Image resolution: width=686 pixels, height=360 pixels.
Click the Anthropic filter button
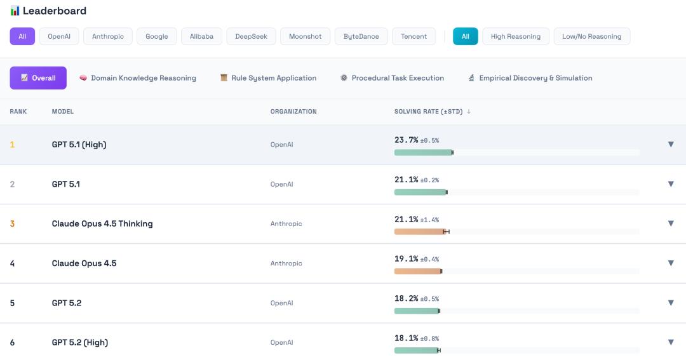point(108,36)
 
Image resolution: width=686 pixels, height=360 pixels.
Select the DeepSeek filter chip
point(251,36)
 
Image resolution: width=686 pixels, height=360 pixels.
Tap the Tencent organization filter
point(414,36)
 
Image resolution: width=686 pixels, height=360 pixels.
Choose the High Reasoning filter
point(515,36)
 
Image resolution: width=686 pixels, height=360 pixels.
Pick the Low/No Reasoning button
point(591,36)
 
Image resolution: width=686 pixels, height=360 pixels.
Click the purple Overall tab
point(38,78)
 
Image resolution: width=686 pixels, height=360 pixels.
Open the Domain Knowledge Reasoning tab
point(137,78)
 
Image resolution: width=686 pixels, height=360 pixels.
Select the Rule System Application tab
point(268,78)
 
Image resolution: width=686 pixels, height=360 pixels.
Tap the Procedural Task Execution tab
point(392,78)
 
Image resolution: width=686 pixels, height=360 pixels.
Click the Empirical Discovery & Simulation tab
point(530,78)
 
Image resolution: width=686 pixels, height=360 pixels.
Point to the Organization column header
point(293,112)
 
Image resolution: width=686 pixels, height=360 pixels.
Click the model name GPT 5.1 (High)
point(79,145)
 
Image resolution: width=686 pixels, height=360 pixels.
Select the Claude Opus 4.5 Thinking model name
point(102,223)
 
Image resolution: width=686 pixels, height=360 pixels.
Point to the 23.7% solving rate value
point(407,140)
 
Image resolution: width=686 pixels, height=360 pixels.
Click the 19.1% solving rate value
point(407,259)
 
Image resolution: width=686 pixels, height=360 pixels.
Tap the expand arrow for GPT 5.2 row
point(671,303)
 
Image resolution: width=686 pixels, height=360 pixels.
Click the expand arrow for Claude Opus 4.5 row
point(671,263)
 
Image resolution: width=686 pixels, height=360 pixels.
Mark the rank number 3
point(12,223)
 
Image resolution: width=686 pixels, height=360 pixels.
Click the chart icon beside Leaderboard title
point(15,11)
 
